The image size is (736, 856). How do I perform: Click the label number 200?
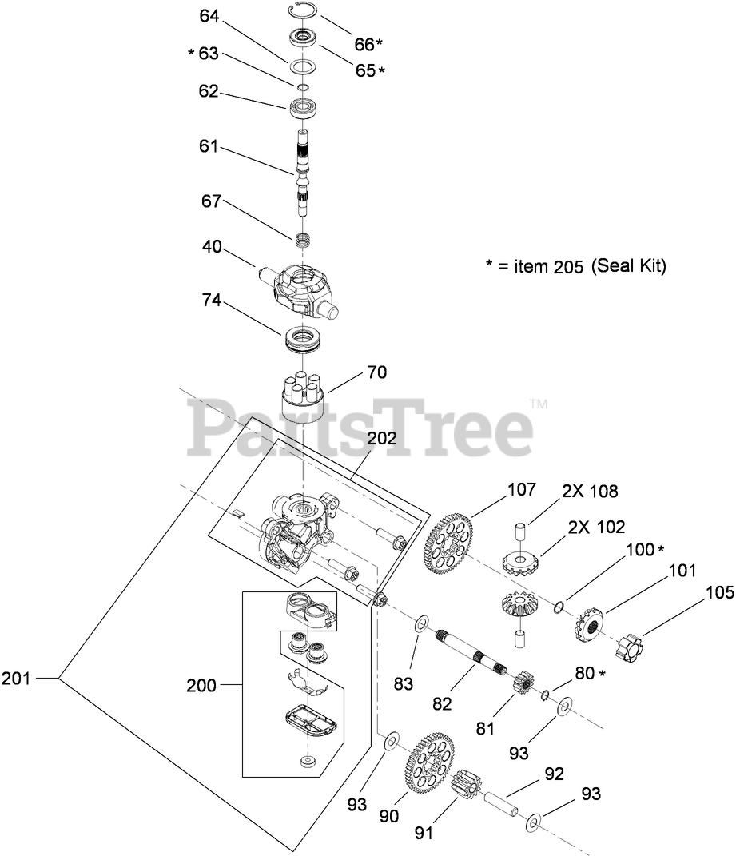201,685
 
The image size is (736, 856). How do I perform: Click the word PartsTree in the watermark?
360,428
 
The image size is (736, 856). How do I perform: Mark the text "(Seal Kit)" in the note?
628,267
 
